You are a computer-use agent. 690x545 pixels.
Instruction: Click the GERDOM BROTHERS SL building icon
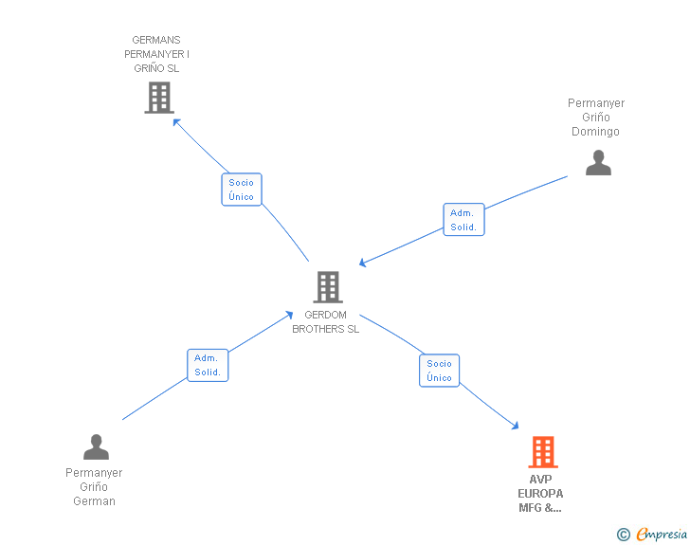pos(328,287)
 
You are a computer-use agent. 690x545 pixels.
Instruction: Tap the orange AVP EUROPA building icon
pos(543,452)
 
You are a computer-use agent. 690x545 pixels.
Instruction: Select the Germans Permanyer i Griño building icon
pos(159,98)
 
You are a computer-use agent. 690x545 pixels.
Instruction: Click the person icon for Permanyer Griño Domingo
pos(598,162)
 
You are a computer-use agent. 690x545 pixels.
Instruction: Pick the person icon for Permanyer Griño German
pos(96,446)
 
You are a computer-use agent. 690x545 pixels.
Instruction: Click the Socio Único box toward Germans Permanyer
pos(242,190)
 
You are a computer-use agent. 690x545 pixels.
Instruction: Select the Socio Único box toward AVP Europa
pos(439,371)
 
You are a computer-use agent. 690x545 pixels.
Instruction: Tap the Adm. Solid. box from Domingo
pos(463,219)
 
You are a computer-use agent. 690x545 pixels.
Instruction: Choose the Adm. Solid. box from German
pos(208,365)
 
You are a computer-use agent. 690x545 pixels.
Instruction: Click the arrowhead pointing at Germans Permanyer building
pos(176,121)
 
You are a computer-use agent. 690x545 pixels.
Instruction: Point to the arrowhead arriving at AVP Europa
pos(516,426)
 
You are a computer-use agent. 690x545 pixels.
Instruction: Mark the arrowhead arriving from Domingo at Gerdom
pos(363,263)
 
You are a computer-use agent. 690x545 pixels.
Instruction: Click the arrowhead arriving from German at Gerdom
pos(289,315)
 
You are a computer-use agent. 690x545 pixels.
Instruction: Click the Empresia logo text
pos(662,534)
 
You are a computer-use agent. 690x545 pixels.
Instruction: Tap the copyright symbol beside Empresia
pos(624,535)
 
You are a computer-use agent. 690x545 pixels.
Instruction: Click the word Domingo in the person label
pos(595,132)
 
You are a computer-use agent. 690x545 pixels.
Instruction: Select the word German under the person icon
pos(94,501)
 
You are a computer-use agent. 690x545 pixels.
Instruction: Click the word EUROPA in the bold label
pos(540,494)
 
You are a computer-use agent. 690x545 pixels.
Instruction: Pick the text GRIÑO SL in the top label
pos(156,68)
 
